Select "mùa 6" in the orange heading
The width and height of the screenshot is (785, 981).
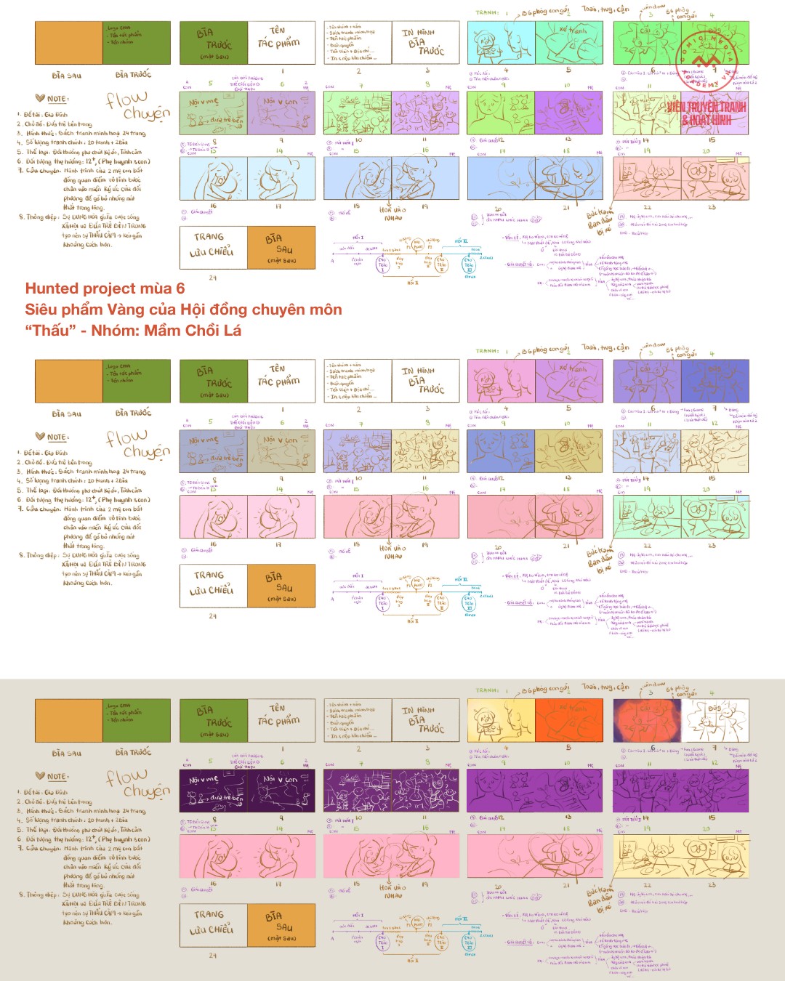(166, 289)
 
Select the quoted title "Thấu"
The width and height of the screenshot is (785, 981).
(52, 331)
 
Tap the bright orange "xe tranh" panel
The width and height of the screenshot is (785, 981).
(569, 720)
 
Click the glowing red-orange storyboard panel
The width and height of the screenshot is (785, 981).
(647, 720)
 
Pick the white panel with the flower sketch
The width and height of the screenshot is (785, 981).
(714, 720)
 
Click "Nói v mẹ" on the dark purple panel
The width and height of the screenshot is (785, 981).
(204, 780)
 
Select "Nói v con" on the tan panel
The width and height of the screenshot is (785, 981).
(280, 440)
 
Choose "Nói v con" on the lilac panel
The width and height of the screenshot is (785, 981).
(280, 102)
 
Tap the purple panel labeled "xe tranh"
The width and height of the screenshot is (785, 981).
(569, 381)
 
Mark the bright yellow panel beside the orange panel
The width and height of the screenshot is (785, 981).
(501, 720)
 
